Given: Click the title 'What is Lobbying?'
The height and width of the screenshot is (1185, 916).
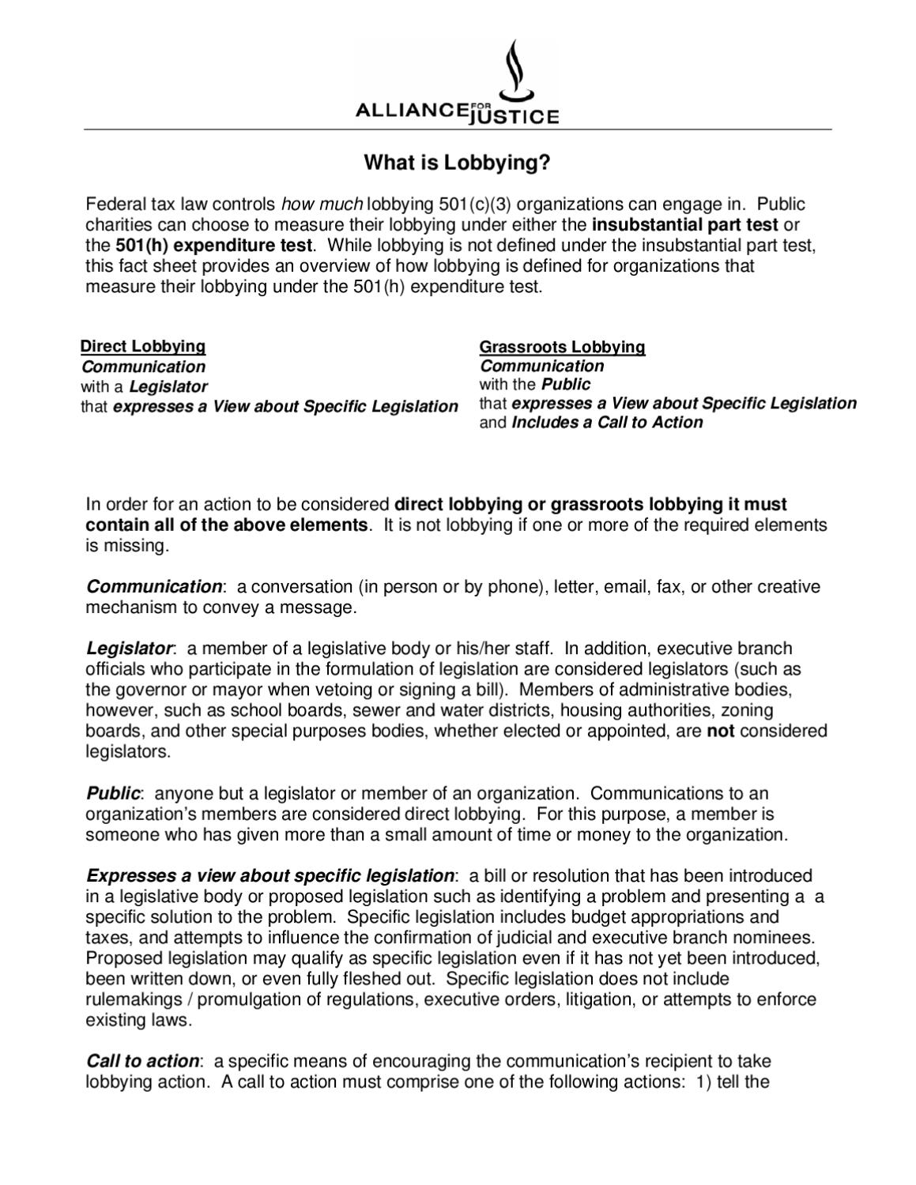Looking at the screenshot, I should (x=457, y=163).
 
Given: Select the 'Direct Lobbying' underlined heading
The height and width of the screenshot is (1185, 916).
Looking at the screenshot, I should (x=143, y=346).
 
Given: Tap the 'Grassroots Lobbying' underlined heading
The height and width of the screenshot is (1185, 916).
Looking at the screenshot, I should (x=562, y=347).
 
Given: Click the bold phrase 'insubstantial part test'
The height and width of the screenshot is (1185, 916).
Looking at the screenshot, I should (x=684, y=224).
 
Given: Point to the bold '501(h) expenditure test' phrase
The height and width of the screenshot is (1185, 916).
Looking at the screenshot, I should (x=214, y=245).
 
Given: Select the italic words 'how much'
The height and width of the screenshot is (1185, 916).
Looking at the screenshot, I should (x=322, y=204).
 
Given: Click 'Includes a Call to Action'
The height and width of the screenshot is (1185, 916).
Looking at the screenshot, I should (x=607, y=423).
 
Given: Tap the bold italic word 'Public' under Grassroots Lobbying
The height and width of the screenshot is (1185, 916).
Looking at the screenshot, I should (x=565, y=385).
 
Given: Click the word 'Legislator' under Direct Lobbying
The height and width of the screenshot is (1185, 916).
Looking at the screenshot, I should (x=168, y=387).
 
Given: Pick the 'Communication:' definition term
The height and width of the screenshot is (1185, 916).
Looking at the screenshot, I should (x=156, y=586).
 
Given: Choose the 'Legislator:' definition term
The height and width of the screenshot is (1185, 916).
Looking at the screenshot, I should (x=130, y=649).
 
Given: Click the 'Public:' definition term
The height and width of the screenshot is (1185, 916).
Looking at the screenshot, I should (x=115, y=793).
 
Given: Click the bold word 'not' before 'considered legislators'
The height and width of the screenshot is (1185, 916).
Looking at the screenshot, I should (x=720, y=732).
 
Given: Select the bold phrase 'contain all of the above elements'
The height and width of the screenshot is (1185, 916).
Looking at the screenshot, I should (x=226, y=525).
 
